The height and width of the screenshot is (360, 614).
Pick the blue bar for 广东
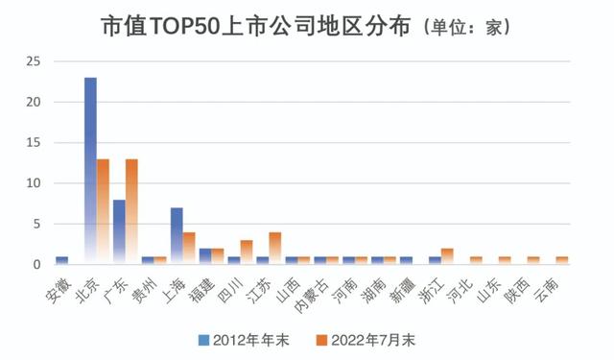click(x=119, y=231)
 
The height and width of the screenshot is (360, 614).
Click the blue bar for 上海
click(x=177, y=235)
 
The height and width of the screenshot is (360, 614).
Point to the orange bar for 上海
click(x=189, y=248)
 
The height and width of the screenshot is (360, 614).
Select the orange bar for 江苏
click(x=275, y=248)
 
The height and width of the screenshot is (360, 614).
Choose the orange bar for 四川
click(x=247, y=252)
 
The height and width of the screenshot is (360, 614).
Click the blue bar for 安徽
click(x=61, y=260)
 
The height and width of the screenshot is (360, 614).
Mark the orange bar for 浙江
click(x=448, y=256)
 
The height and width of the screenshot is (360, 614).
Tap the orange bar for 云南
click(x=562, y=260)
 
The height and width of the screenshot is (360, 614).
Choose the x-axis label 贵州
click(x=145, y=282)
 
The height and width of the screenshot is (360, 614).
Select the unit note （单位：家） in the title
click(x=453, y=28)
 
